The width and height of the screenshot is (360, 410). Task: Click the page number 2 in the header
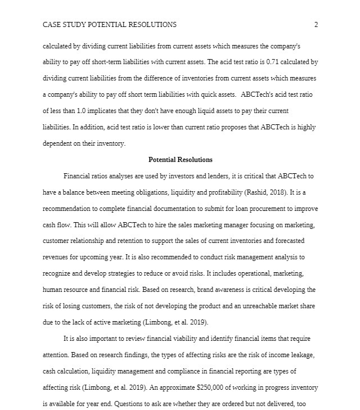316,25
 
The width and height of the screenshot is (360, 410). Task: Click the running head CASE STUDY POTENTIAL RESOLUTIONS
110,25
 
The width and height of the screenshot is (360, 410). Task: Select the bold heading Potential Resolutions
180,160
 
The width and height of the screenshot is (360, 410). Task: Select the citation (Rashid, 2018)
268,192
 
